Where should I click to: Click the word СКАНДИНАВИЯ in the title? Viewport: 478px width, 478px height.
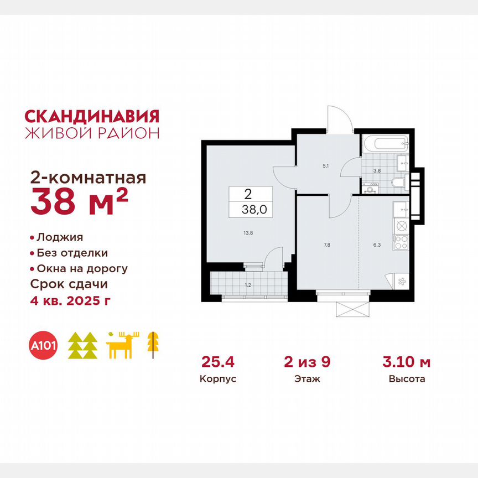(x=92, y=116)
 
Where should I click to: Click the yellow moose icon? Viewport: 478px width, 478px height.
(x=123, y=345)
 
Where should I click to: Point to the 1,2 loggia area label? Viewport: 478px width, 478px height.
(x=247, y=285)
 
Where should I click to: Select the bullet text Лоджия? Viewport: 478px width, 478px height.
(x=60, y=237)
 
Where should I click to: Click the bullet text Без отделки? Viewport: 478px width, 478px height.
(x=72, y=253)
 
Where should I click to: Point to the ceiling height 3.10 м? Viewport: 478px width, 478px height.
(x=407, y=363)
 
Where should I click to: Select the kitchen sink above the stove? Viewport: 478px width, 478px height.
(x=401, y=209)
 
